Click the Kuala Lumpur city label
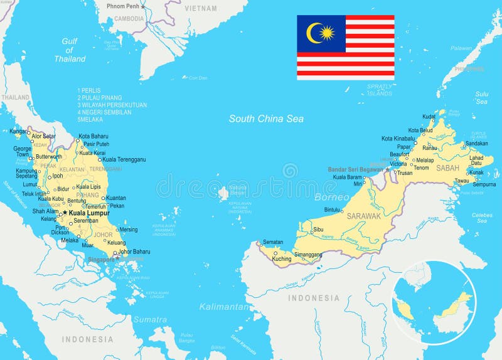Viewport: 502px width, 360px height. (89, 213)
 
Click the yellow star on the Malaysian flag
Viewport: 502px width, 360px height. (328, 33)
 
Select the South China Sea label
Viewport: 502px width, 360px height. (266, 119)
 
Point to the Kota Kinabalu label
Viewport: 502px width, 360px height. (398, 139)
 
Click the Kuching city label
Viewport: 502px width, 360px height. (282, 259)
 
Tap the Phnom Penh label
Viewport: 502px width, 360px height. (122, 6)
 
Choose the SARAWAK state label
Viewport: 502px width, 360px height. (364, 216)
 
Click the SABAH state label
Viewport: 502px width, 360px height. (447, 168)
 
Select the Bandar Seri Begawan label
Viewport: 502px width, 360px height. (356, 169)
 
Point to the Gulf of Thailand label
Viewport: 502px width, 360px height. (69, 50)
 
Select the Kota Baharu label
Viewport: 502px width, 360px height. (93, 136)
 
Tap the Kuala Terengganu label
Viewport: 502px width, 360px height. (124, 159)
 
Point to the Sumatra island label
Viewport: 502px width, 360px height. (150, 319)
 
